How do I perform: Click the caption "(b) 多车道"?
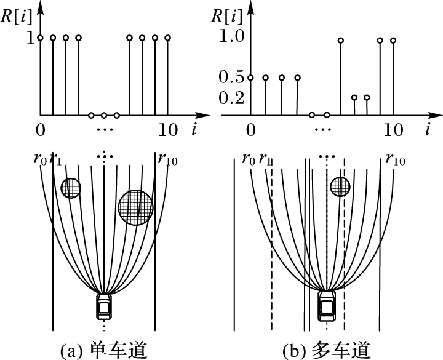(327, 351)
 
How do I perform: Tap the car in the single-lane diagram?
(105, 306)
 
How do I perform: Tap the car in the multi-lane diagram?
(327, 305)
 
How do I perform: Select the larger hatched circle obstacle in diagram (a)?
(135, 207)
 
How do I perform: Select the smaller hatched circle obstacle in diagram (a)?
(71, 188)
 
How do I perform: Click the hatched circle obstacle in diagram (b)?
(340, 186)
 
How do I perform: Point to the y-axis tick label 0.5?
(233, 78)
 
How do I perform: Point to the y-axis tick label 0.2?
(233, 98)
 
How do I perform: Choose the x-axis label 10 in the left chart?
(168, 130)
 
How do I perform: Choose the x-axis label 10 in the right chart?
(393, 130)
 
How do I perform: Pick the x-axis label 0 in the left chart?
(40, 130)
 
